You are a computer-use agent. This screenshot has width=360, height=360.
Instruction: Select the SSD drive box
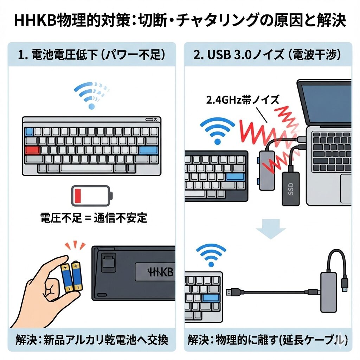[x=290, y=188]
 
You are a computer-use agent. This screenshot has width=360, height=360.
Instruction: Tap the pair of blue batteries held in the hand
[x=72, y=276]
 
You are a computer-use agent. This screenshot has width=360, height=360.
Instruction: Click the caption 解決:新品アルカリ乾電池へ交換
[x=92, y=340]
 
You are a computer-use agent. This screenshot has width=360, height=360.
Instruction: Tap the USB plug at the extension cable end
[x=233, y=291]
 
